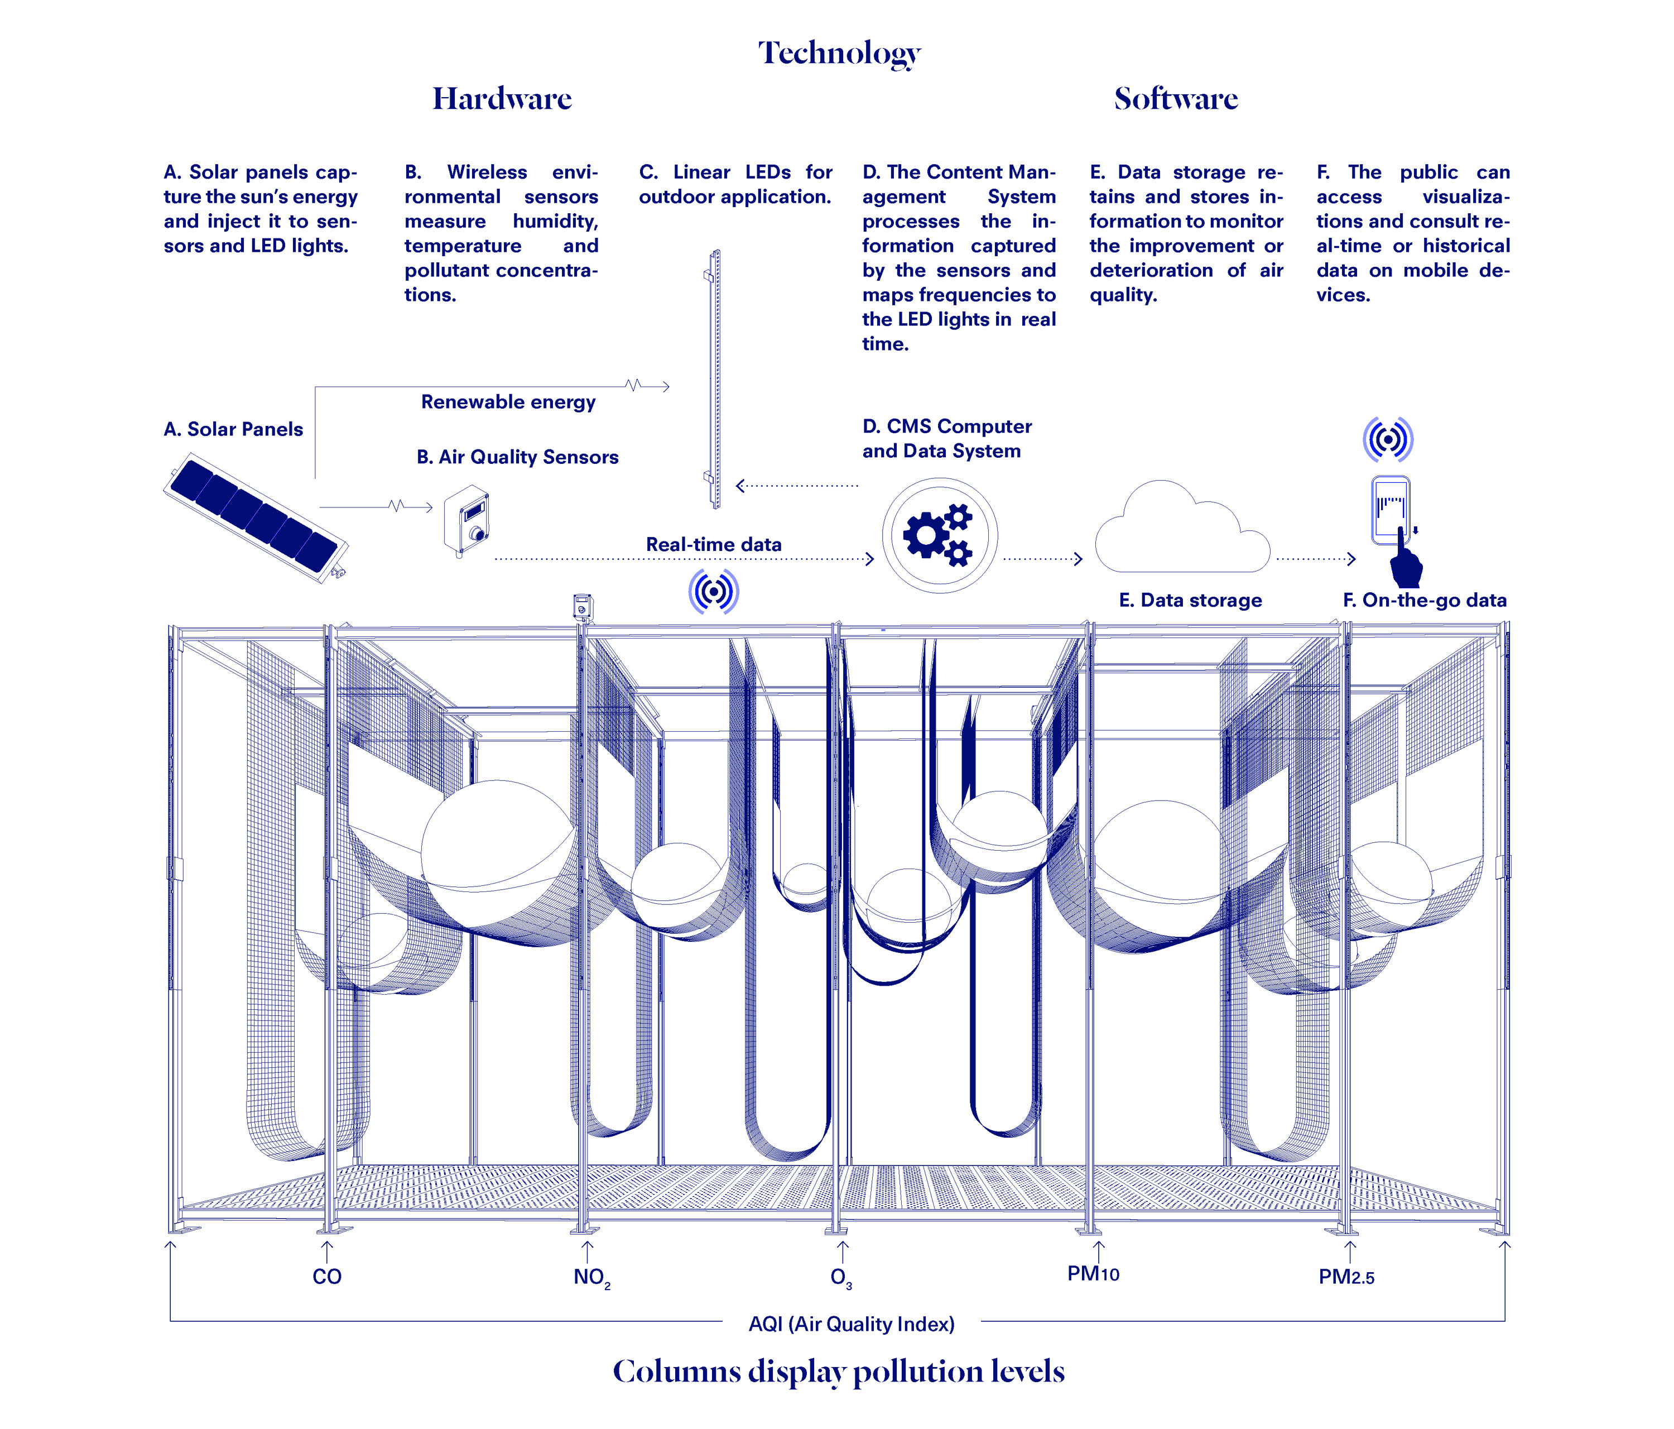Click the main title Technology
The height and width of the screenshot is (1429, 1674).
coord(839,54)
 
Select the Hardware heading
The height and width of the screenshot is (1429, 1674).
coord(502,99)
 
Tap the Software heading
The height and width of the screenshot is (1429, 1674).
coord(1176,99)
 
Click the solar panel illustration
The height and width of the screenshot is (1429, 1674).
coord(256,517)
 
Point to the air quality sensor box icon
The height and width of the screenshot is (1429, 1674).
coord(467,520)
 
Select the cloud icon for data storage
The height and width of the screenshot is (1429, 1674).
coord(1181,529)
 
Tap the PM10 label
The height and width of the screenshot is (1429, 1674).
coord(1093,1274)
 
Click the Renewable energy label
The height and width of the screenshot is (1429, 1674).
coord(508,402)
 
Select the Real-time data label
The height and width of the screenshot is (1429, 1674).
coord(713,544)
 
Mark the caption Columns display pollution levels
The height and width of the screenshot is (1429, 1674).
coord(839,1372)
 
